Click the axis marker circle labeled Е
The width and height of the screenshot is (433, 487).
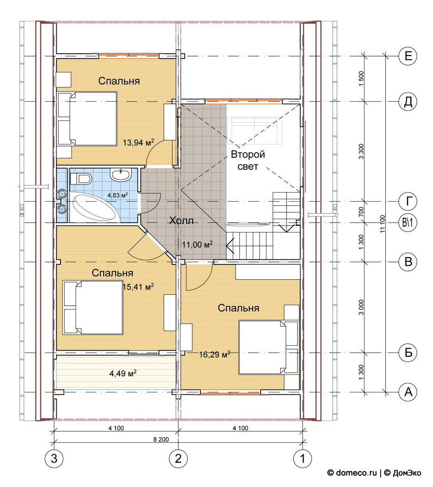tap(408, 56)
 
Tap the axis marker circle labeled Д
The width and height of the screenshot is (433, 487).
tap(408, 102)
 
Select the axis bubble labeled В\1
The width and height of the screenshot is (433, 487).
tap(408, 223)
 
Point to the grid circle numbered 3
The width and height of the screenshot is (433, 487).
tap(54, 458)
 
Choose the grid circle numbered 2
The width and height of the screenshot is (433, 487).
tap(178, 458)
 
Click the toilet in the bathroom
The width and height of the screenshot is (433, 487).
tap(80, 179)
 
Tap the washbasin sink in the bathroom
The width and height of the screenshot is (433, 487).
tap(120, 175)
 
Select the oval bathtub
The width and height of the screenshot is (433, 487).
tap(95, 207)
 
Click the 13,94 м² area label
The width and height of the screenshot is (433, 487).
tap(138, 143)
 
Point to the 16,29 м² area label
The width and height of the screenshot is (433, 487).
tap(215, 354)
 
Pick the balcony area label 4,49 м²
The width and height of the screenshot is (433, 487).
tap(123, 373)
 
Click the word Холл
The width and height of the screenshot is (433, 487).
tap(181, 221)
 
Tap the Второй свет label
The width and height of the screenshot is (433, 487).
tap(248, 160)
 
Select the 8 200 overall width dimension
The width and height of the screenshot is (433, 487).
tap(161, 439)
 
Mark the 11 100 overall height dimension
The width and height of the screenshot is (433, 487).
tap(383, 224)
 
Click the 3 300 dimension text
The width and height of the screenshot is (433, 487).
tap(361, 152)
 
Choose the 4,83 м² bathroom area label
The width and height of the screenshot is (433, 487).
tap(118, 195)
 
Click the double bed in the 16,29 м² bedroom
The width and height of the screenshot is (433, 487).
tap(268, 347)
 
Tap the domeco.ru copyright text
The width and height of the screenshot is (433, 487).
tap(353, 473)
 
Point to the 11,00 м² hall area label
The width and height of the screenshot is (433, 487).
tap(197, 244)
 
